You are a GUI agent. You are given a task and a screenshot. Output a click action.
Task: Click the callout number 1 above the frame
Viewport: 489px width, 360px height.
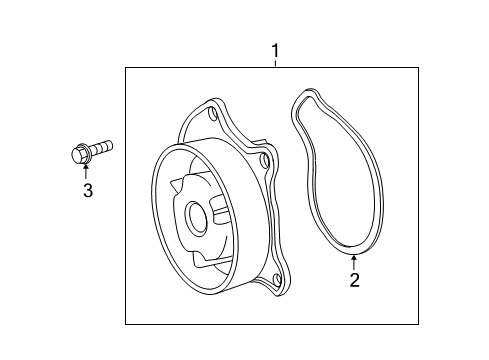[275, 51]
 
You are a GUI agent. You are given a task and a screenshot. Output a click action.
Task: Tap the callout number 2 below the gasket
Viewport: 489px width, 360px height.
[354, 280]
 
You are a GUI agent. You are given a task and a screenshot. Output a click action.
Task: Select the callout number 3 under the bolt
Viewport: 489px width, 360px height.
[88, 190]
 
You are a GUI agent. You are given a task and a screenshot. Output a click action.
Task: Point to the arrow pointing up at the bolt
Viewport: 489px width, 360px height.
[86, 171]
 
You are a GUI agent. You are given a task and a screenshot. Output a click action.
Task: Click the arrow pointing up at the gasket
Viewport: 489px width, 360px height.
[354, 262]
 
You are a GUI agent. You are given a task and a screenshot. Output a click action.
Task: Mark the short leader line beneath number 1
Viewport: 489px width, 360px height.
[275, 63]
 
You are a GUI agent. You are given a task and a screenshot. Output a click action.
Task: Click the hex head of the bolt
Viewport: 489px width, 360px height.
[78, 155]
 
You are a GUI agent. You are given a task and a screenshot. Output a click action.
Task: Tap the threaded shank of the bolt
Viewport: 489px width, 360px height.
[101, 148]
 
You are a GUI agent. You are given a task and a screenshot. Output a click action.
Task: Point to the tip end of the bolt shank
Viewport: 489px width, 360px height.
[111, 145]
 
